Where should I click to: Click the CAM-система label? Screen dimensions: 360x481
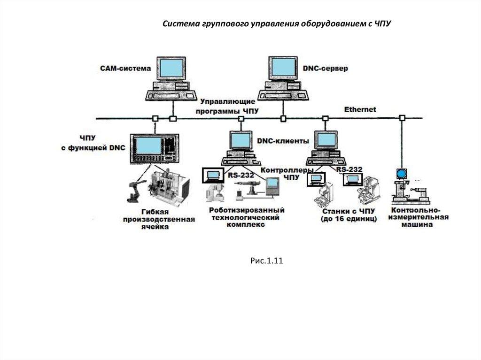[125, 69]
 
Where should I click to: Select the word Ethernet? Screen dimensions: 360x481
[360, 109]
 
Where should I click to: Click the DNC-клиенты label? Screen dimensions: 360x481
[283, 140]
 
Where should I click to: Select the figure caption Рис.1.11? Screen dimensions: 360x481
[266, 261]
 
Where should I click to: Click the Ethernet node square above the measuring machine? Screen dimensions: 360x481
[402, 118]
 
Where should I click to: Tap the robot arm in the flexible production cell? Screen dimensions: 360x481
[134, 190]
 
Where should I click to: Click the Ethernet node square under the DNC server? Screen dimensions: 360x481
[283, 119]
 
